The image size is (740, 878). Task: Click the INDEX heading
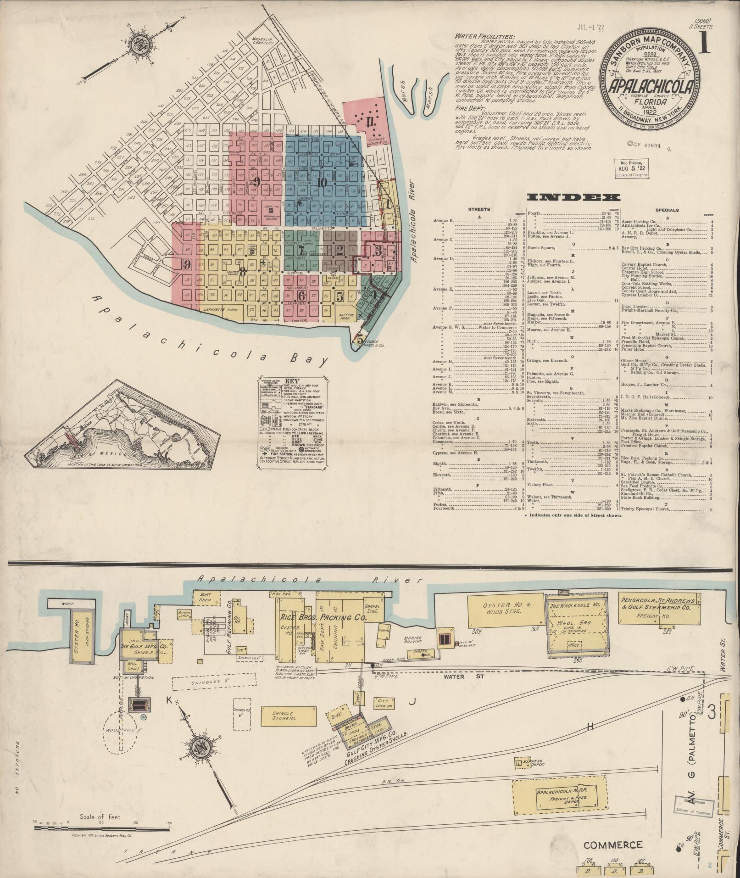coord(573,197)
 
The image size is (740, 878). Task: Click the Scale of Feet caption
coord(104,817)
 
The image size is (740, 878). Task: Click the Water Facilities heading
coord(484,36)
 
